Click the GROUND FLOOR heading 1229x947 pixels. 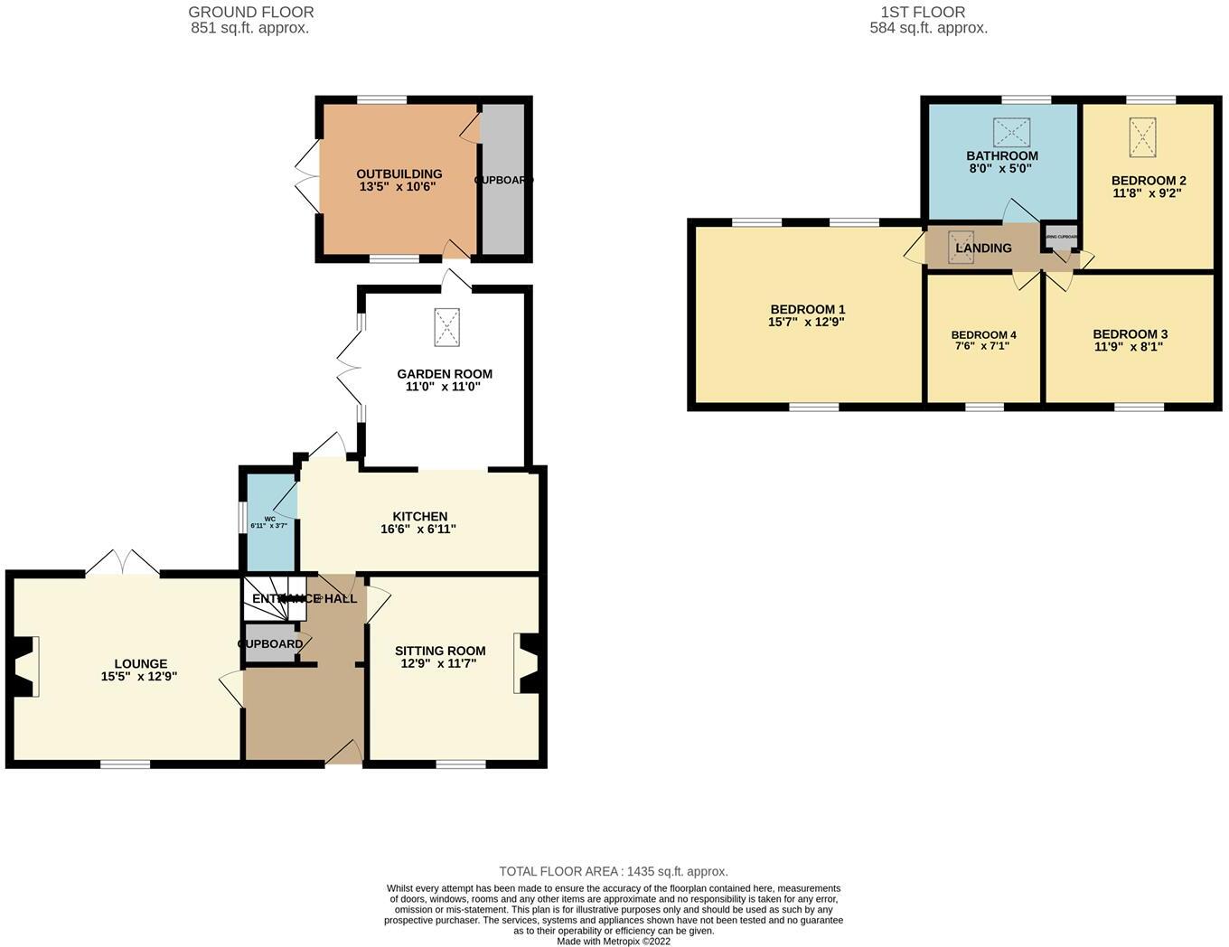(x=250, y=13)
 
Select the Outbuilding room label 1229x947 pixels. (x=399, y=173)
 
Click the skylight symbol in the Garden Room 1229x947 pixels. (x=446, y=326)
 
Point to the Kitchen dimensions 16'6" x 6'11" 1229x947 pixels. (x=418, y=529)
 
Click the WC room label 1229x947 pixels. (x=269, y=520)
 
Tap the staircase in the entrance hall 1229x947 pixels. (x=271, y=598)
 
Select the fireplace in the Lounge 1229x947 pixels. (x=25, y=666)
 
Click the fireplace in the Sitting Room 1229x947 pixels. (x=527, y=663)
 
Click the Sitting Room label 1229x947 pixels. (x=440, y=651)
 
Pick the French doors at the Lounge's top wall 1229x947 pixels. (x=123, y=563)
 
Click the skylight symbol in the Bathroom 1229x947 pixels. (x=1011, y=132)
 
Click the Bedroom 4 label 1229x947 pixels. (x=983, y=334)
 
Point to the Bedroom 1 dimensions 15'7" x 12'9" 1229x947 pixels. (x=806, y=322)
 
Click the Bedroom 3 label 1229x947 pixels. (x=1130, y=333)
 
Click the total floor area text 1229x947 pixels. (x=614, y=871)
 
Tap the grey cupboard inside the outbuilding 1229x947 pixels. (x=502, y=181)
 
